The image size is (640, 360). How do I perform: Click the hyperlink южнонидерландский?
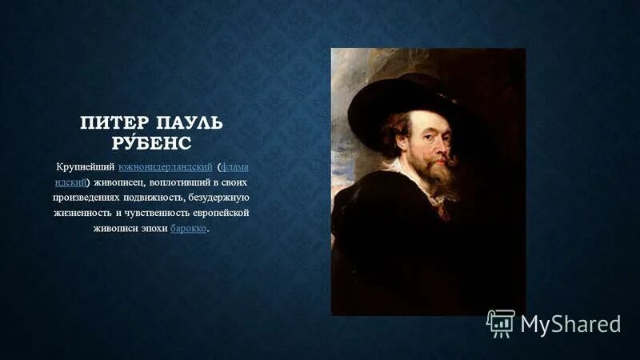click(165, 166)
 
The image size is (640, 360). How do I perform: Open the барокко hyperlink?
click(189, 228)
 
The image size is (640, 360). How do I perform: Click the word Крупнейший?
click(85, 166)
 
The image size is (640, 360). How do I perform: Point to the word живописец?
click(118, 182)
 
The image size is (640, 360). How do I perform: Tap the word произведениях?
click(87, 197)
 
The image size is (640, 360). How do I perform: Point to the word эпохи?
click(154, 228)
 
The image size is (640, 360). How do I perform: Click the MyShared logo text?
click(570, 324)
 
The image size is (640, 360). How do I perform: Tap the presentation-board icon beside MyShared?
click(501, 322)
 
